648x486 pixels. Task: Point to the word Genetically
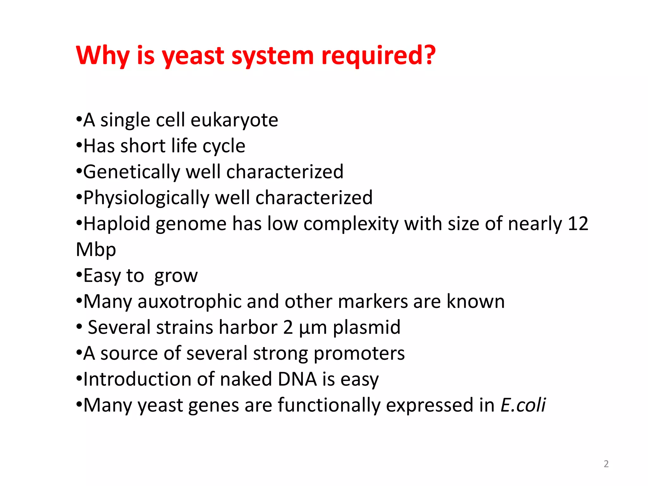click(131, 172)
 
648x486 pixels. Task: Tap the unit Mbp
click(96, 250)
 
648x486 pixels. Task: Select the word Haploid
click(116, 224)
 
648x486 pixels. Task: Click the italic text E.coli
click(523, 405)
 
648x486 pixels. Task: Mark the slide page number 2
click(606, 464)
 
